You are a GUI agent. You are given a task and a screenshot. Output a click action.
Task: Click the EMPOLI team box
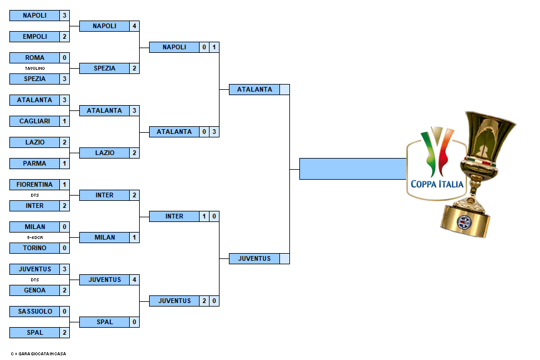(35, 36)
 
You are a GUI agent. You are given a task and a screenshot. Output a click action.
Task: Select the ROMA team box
(35, 58)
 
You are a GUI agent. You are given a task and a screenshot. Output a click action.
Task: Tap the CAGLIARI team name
(35, 121)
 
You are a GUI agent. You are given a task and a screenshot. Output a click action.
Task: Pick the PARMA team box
(35, 163)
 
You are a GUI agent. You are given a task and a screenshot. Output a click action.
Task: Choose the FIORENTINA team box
(35, 184)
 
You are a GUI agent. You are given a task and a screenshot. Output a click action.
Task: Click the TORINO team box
(35, 248)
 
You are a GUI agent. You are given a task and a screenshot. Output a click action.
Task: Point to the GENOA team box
(35, 290)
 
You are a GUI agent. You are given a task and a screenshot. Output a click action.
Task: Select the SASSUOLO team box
(35, 311)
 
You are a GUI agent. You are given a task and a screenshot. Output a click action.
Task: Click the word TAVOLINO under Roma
(35, 68)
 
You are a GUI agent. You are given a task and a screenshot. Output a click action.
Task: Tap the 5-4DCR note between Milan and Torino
(35, 237)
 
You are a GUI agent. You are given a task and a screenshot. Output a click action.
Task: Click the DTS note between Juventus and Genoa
(35, 280)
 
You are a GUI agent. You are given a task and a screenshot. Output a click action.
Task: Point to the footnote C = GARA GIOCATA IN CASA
(38, 354)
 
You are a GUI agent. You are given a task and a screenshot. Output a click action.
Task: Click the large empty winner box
(353, 169)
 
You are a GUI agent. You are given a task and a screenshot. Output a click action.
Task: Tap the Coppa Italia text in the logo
(437, 184)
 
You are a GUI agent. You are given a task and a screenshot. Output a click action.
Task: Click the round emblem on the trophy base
(464, 222)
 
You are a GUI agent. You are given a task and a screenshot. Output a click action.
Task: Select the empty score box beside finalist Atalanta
(285, 90)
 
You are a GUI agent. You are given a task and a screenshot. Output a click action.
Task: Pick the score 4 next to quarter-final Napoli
(134, 26)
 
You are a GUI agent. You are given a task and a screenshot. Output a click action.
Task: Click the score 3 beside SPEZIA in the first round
(65, 79)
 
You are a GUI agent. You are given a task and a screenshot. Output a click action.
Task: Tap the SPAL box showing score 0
(104, 322)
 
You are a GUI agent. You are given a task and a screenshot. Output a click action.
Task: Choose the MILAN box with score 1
(104, 237)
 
